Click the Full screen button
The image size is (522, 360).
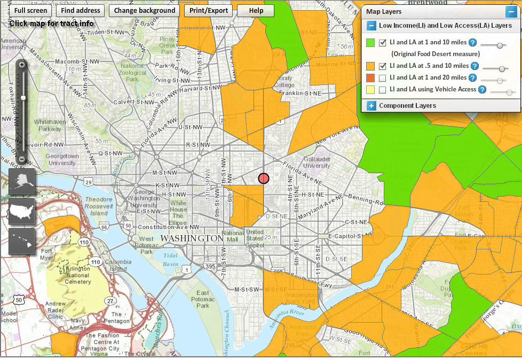31,11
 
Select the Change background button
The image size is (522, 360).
144,11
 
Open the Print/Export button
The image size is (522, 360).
209,11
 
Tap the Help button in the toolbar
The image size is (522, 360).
256,11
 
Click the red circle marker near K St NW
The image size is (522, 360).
264,178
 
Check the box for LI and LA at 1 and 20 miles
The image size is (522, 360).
382,78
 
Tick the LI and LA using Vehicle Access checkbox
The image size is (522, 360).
382,90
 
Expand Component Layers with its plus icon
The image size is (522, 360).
371,106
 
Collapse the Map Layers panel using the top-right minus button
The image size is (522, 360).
511,11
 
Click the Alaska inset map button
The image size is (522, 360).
22,182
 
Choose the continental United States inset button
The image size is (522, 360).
22,212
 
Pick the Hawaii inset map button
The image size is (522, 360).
22,241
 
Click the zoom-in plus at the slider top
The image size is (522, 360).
21,65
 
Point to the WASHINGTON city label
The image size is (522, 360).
192,238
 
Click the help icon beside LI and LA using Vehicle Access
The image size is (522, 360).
482,90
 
